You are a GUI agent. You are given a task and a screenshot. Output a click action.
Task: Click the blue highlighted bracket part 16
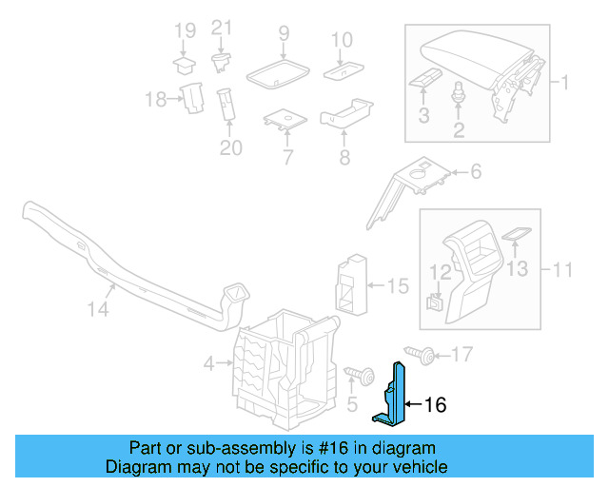pyautogui.click(x=396, y=395)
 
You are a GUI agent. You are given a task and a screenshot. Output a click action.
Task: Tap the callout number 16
pyautogui.click(x=434, y=405)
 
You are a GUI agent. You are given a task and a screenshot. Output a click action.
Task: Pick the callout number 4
pyautogui.click(x=208, y=362)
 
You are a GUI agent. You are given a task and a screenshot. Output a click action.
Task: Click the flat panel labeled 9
pyautogui.click(x=277, y=71)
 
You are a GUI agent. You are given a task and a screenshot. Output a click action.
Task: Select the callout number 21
pyautogui.click(x=221, y=28)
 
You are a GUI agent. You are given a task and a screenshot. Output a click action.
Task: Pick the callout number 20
pyautogui.click(x=230, y=147)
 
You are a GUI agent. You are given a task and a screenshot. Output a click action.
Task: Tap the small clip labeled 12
pyautogui.click(x=434, y=302)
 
